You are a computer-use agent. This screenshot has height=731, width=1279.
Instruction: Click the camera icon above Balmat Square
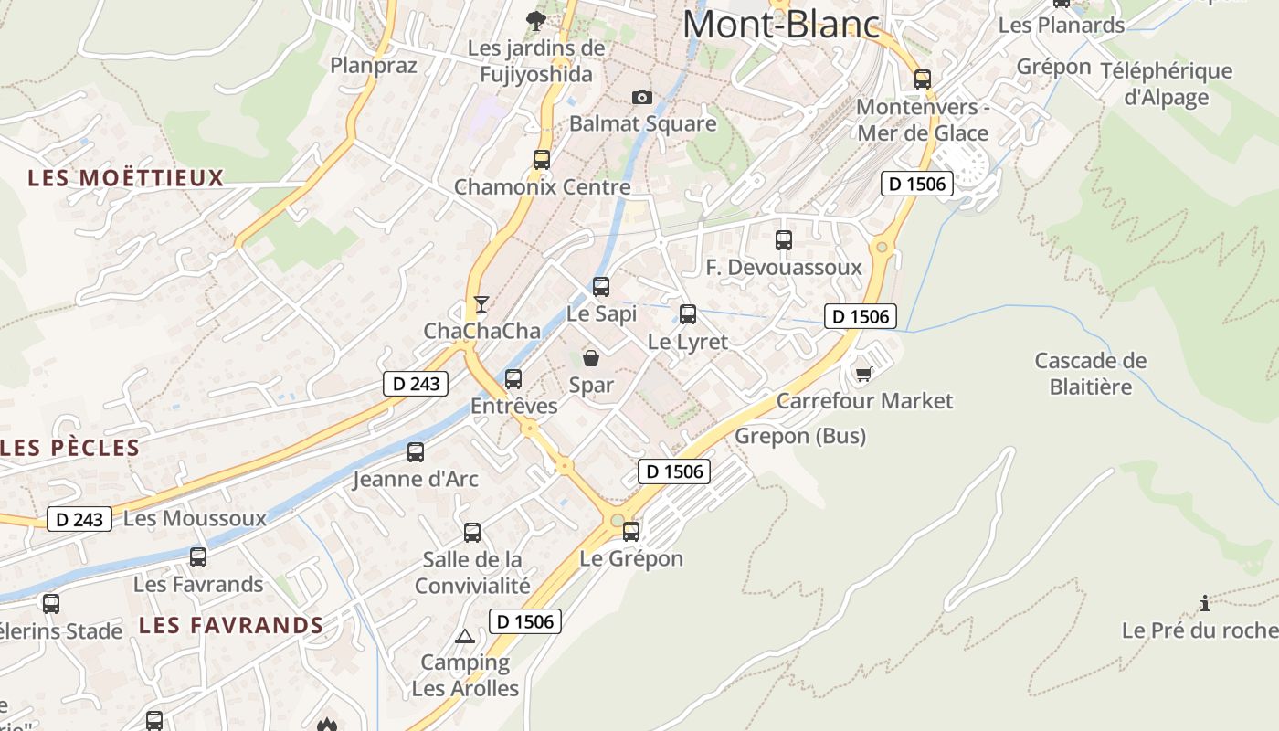pyautogui.click(x=642, y=97)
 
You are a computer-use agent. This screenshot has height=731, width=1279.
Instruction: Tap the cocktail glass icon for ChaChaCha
pyautogui.click(x=481, y=304)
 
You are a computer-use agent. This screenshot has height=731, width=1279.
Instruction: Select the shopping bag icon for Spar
pyautogui.click(x=591, y=358)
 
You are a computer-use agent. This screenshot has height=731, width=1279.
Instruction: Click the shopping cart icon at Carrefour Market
pyautogui.click(x=863, y=374)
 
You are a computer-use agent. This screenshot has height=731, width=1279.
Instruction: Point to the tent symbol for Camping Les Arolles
pyautogui.click(x=465, y=636)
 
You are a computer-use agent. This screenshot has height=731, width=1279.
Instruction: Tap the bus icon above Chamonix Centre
pyautogui.click(x=542, y=160)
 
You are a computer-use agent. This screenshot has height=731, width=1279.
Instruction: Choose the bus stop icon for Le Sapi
pyautogui.click(x=601, y=287)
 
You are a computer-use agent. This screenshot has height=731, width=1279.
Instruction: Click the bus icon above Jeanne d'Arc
pyautogui.click(x=416, y=451)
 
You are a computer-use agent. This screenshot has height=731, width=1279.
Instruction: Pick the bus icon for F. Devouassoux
pyautogui.click(x=784, y=240)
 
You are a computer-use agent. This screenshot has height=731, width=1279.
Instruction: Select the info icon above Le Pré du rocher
pyautogui.click(x=1206, y=603)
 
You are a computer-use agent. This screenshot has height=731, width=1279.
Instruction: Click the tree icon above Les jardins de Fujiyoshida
pyautogui.click(x=536, y=20)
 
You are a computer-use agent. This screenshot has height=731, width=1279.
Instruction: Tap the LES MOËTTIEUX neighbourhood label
pyautogui.click(x=126, y=178)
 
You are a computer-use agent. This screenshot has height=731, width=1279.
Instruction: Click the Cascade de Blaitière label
pyautogui.click(x=1090, y=374)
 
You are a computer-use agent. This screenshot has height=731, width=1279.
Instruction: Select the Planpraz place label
pyautogui.click(x=374, y=66)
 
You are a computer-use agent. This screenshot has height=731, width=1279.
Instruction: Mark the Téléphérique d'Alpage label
pyautogui.click(x=1167, y=84)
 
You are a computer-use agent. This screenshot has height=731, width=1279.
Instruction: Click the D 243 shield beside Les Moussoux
pyautogui.click(x=79, y=520)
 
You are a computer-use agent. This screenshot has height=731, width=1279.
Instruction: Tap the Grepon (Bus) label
pyautogui.click(x=800, y=436)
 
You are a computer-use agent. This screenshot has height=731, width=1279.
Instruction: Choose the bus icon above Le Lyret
pyautogui.click(x=688, y=314)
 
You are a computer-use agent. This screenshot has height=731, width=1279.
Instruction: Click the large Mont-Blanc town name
pyautogui.click(x=781, y=25)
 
